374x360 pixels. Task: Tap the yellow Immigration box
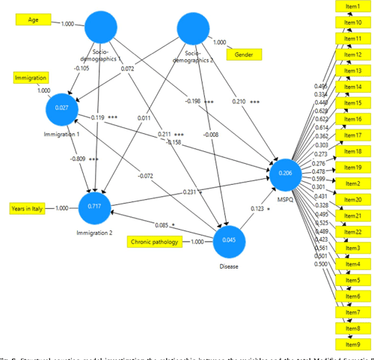[31, 77]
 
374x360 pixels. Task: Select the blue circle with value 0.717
[96, 207]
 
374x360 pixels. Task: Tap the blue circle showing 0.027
[63, 109]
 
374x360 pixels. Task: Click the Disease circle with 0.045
[230, 241]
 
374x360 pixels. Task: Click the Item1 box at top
[352, 7]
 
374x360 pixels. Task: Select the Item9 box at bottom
[352, 344]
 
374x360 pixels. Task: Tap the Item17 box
[352, 135]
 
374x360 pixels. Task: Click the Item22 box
[352, 232]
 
